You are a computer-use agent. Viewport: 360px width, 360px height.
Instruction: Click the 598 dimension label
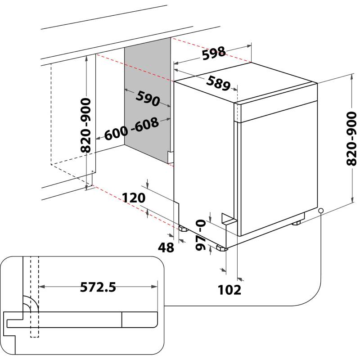[x=213, y=54]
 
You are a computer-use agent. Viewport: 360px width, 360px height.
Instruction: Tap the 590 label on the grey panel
[x=148, y=99]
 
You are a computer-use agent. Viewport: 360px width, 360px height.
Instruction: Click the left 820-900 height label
[x=85, y=125]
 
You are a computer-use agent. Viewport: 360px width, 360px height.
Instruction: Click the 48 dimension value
[x=166, y=247]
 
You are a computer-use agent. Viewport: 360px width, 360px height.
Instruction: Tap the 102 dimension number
[x=229, y=290]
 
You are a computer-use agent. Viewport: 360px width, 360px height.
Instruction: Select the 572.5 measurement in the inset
[x=98, y=287]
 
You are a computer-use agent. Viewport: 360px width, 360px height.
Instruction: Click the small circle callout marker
[x=320, y=211]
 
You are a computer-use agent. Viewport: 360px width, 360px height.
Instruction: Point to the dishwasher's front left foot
[x=221, y=248]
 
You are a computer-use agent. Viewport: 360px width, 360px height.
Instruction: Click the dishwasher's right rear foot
[x=297, y=223]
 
